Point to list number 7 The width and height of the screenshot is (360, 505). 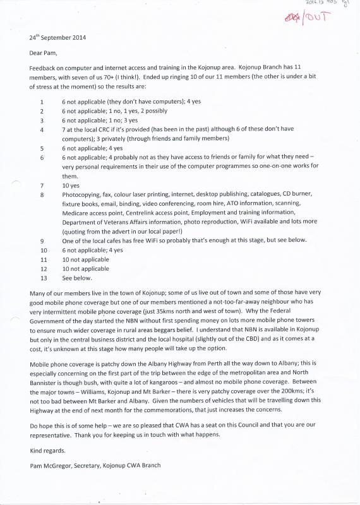(x=41, y=186)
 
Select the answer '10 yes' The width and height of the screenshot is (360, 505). (x=70, y=186)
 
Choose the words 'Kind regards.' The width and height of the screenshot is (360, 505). (x=47, y=451)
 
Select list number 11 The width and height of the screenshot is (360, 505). (x=43, y=259)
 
